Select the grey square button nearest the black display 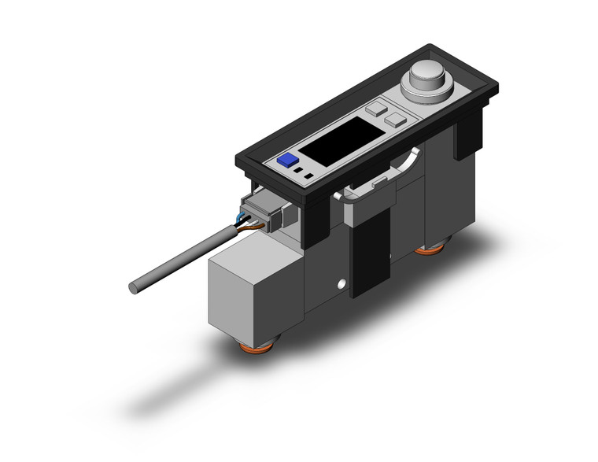pyautogui.click(x=376, y=108)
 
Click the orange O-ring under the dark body pyautogui.click(x=429, y=249)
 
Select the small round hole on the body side pyautogui.click(x=341, y=283)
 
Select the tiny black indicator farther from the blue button pyautogui.click(x=310, y=175)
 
